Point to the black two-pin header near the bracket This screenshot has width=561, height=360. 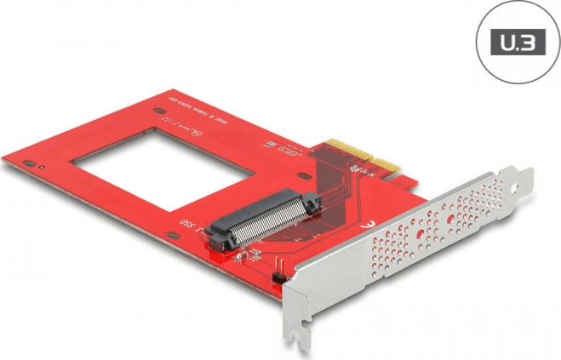[277, 278]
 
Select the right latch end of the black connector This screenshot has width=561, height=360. [312, 203]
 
